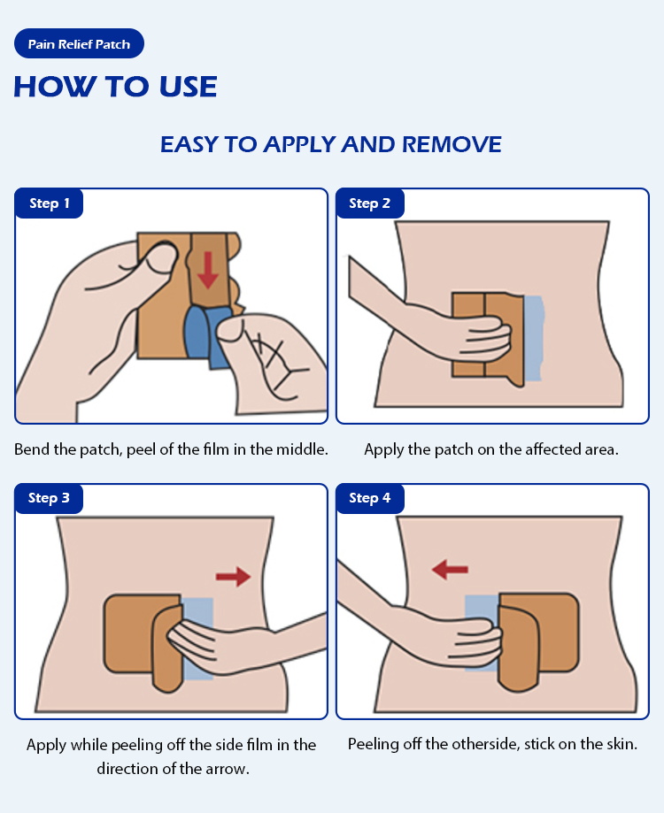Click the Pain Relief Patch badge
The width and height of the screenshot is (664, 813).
(79, 43)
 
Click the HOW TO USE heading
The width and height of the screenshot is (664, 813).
(115, 87)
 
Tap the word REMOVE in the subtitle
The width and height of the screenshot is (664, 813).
(452, 144)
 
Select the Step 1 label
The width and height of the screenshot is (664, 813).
(50, 203)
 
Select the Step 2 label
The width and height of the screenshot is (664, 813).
(370, 203)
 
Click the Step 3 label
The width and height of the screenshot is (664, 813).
(50, 498)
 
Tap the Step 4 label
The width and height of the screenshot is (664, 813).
(370, 498)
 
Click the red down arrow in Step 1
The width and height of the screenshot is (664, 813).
(208, 270)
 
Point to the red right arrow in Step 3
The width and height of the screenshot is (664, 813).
(234, 577)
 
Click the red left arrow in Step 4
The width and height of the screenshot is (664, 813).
(450, 570)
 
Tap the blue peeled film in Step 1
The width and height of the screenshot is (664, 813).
(204, 336)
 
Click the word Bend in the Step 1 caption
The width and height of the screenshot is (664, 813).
(32, 449)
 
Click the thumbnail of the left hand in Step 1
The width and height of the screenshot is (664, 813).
(162, 257)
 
